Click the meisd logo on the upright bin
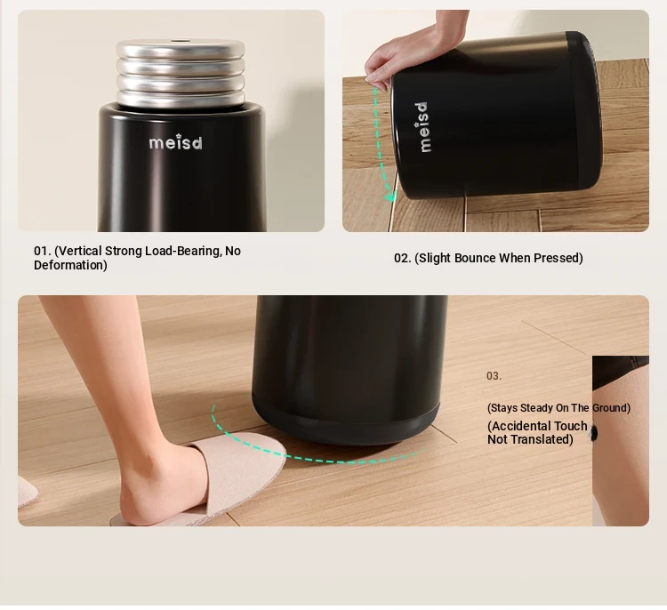(176, 142)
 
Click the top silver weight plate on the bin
(181, 49)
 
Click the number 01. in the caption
(43, 251)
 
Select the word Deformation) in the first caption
(70, 265)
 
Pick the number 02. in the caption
(402, 258)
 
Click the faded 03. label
(494, 376)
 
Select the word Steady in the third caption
(544, 408)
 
